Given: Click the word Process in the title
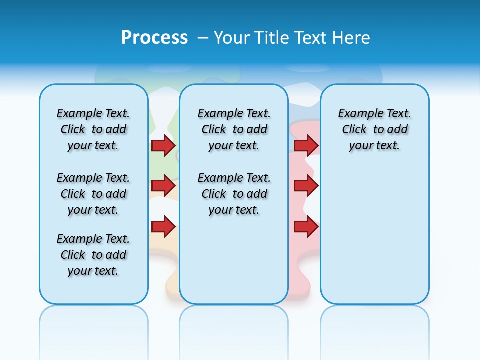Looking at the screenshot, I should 154,37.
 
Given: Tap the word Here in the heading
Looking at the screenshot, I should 350,38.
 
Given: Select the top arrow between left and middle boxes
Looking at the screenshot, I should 163,145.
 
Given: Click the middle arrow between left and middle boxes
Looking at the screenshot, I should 163,186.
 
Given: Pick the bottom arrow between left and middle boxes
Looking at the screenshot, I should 163,227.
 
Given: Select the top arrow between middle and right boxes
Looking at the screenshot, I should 306,145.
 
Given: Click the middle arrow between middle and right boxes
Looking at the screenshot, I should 306,186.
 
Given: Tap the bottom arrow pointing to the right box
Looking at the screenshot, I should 306,227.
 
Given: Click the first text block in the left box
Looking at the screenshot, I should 93,129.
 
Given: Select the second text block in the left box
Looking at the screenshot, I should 93,194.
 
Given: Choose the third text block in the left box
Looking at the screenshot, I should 93,255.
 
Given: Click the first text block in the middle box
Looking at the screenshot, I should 234,129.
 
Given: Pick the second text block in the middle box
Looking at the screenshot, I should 234,194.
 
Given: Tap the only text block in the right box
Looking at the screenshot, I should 374,129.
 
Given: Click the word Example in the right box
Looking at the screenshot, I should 357,114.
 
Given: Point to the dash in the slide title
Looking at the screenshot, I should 203,38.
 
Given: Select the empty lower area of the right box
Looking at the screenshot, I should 374,235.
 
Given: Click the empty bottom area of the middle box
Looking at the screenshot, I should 234,265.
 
